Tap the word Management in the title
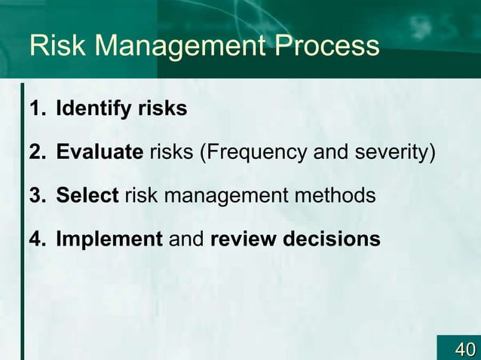pyautogui.click(x=177, y=47)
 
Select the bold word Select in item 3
pyautogui.click(x=87, y=197)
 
